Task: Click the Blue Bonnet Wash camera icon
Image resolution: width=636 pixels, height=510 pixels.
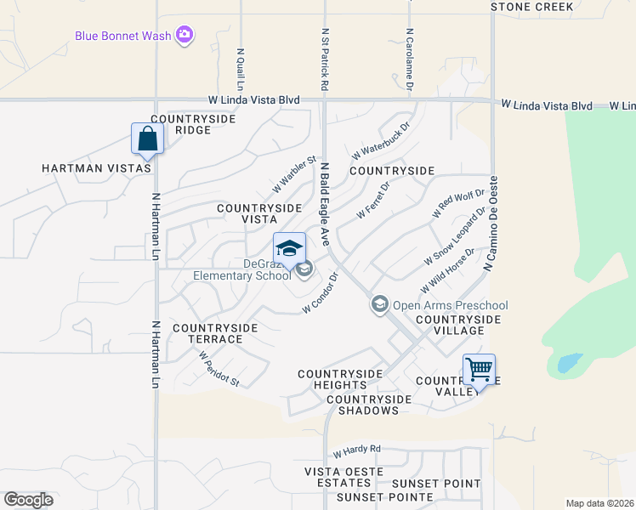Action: click(185, 35)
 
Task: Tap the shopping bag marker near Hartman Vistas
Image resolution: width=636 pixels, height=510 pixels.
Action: click(147, 139)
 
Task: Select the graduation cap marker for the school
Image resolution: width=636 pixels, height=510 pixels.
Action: click(289, 248)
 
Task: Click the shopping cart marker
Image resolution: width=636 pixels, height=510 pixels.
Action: click(479, 370)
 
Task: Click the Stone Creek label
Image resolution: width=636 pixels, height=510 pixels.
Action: click(532, 7)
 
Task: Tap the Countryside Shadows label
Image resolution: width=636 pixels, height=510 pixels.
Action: click(362, 405)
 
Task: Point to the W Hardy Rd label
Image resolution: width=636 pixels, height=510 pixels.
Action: click(357, 450)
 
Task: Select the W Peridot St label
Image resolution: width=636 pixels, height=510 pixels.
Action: click(219, 371)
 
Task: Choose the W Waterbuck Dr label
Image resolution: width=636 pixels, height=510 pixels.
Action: click(380, 140)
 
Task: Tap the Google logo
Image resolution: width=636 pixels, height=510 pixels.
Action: click(28, 500)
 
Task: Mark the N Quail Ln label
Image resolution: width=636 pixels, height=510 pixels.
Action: click(241, 69)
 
